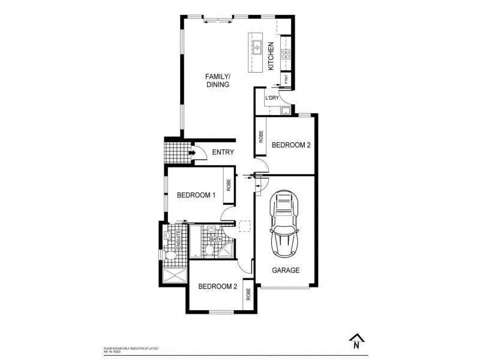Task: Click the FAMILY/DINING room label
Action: click(x=217, y=81)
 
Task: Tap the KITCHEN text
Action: click(x=271, y=56)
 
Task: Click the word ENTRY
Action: click(x=223, y=152)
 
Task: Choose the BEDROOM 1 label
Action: click(x=196, y=195)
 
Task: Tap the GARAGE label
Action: click(x=286, y=270)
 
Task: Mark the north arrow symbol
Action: click(x=356, y=341)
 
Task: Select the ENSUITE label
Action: click(x=178, y=239)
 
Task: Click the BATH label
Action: click(x=215, y=239)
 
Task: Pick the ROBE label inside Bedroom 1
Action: click(x=229, y=185)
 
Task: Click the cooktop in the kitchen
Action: click(x=286, y=55)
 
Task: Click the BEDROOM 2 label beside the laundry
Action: click(x=290, y=145)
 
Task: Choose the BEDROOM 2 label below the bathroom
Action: click(x=217, y=287)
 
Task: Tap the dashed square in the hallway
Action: click(x=245, y=227)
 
